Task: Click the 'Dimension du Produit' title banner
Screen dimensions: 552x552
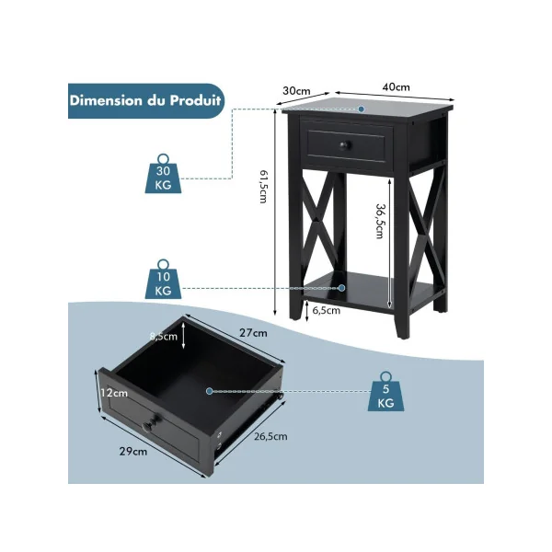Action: click(145, 100)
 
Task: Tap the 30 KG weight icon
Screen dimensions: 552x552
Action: click(164, 174)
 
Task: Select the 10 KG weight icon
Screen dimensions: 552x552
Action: click(164, 280)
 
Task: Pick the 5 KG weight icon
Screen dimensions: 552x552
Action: click(385, 392)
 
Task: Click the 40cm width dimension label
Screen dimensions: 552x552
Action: click(396, 87)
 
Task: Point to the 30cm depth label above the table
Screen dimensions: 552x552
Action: click(296, 91)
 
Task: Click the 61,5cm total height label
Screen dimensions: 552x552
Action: click(263, 187)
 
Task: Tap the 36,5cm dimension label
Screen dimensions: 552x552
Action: click(380, 222)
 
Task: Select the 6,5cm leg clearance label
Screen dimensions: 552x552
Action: click(327, 311)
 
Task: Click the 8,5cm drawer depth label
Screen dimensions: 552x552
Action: click(164, 337)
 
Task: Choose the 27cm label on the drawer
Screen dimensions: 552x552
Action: click(254, 333)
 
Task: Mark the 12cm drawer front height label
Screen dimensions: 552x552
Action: click(114, 393)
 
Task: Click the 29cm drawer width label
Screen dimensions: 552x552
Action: click(133, 452)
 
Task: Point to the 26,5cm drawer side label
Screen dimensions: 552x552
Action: click(270, 436)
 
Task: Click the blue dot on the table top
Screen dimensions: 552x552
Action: click(362, 109)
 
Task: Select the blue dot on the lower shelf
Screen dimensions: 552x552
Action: click(341, 288)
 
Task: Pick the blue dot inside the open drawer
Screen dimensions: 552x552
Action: click(210, 391)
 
